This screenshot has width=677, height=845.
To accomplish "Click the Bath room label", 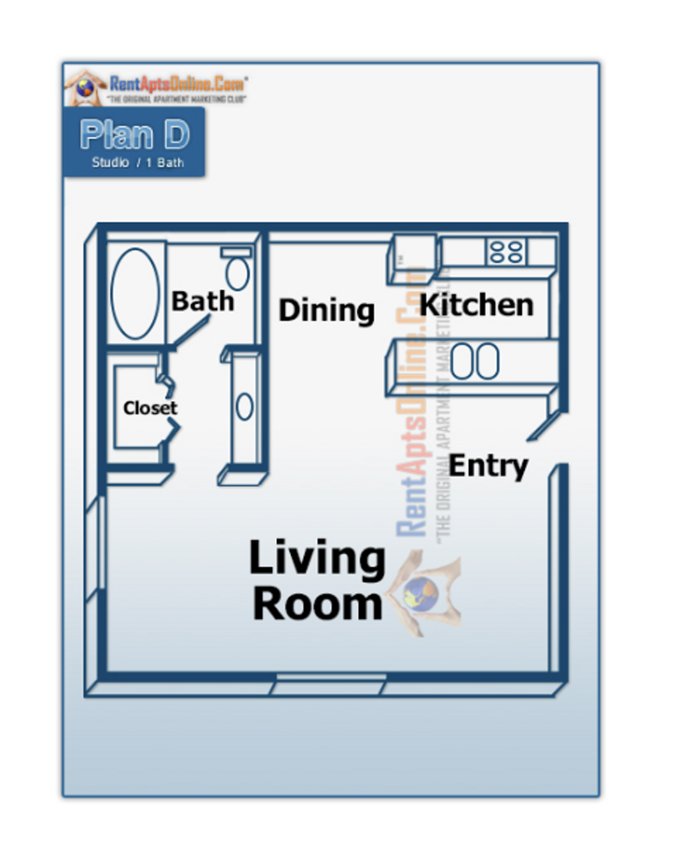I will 203,301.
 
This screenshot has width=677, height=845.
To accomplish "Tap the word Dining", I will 326,310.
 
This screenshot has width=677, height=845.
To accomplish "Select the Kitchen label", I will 476,305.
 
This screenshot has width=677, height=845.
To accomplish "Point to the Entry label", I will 488,466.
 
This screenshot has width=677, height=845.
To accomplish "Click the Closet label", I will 149,408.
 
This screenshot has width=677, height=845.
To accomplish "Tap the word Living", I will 317,560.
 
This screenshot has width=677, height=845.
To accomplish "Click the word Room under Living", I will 317,606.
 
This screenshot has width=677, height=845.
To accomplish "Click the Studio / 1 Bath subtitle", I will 137,163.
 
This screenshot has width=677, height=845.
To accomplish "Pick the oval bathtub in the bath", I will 135,294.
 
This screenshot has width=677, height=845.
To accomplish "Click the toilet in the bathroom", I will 237,270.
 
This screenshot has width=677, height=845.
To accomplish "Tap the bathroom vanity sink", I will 244,407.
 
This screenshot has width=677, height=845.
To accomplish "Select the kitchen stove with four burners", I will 506,252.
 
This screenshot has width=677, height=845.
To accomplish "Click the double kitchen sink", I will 475,361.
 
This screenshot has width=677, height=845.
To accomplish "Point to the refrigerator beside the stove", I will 410,257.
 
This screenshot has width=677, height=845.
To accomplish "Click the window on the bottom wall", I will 331,681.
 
